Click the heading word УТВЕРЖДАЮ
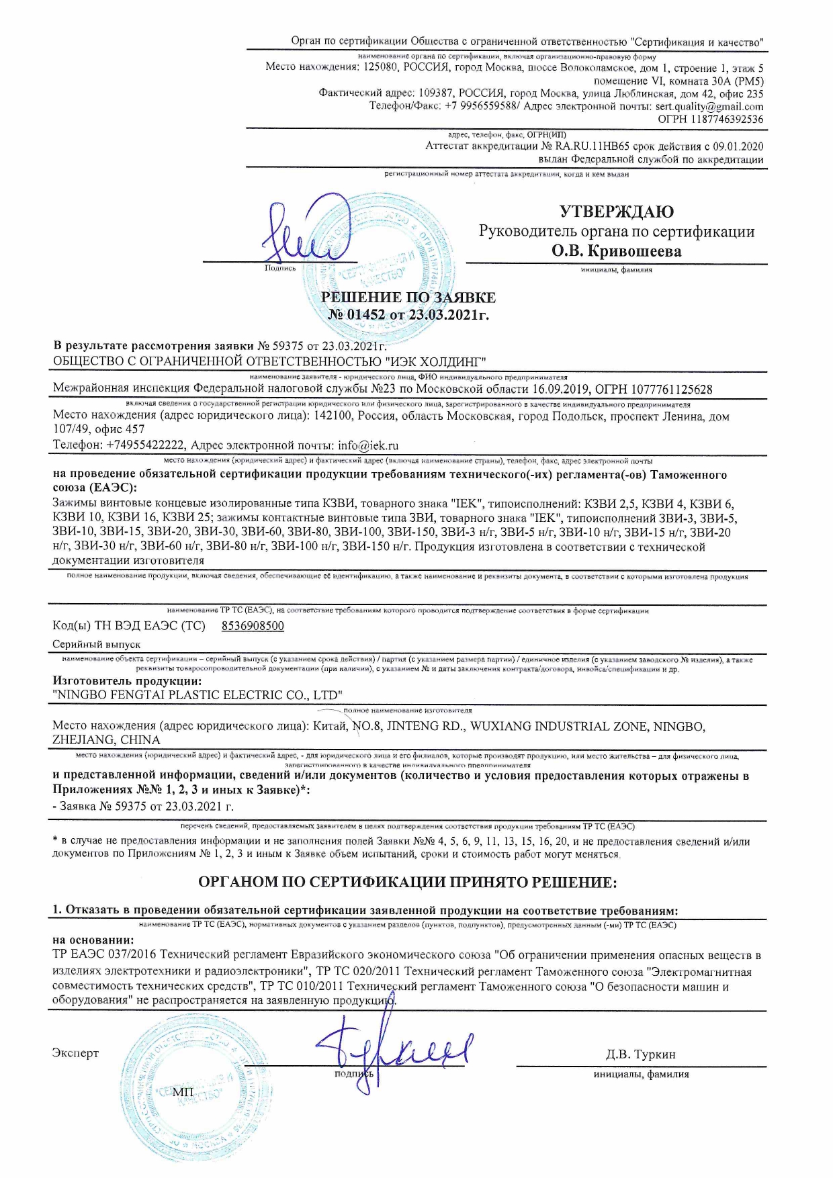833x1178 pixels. click(x=616, y=212)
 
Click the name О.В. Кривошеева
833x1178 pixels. click(x=616, y=251)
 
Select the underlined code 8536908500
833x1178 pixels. click(x=252, y=626)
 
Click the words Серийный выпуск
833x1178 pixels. click(x=97, y=644)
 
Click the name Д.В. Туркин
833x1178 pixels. click(x=640, y=1054)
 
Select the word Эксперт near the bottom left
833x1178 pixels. click(x=75, y=1053)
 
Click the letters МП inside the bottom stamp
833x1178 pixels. click(x=183, y=1093)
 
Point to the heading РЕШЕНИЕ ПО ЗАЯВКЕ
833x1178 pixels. click(x=408, y=298)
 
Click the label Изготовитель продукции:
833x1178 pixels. click(x=127, y=681)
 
